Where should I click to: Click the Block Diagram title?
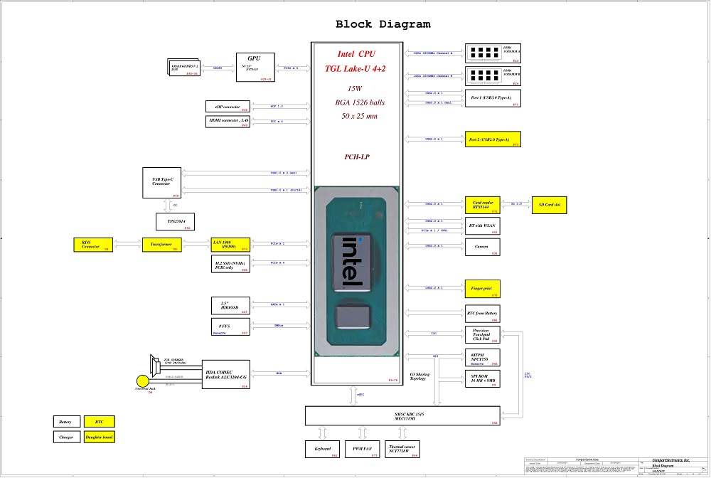coord(383,24)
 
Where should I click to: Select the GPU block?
coord(255,67)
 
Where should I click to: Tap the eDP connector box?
coord(226,107)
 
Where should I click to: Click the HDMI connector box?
coord(226,122)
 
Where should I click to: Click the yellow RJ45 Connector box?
coord(91,245)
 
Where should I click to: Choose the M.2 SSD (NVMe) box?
coord(230,265)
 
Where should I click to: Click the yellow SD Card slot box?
coord(550,204)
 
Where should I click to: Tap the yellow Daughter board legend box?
coord(99,437)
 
